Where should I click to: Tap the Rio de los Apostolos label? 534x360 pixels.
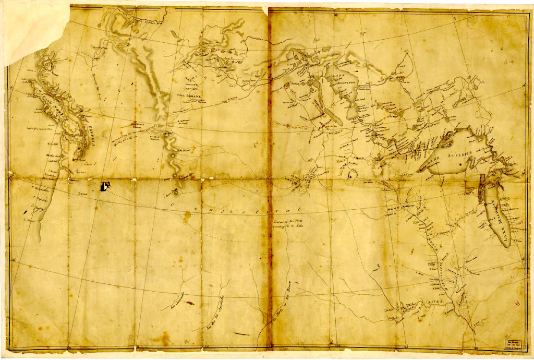pyautogui.click(x=218, y=306)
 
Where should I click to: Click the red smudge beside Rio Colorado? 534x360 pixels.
pyautogui.click(x=189, y=303)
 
